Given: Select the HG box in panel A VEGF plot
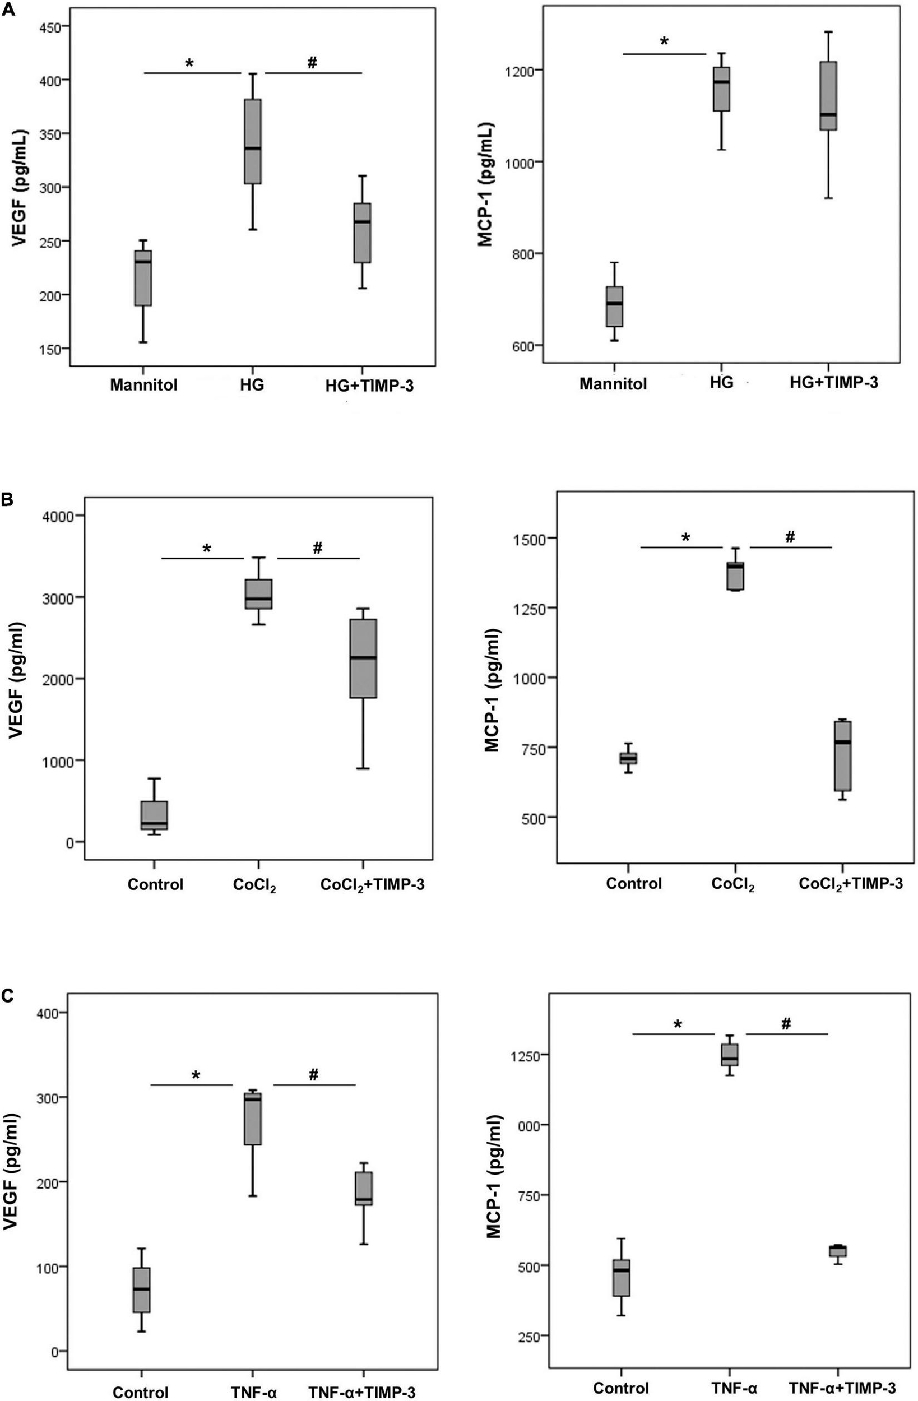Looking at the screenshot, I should tap(253, 141).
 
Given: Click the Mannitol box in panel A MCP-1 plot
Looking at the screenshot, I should tap(614, 306).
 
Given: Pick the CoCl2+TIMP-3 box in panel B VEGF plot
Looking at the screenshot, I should tap(363, 658).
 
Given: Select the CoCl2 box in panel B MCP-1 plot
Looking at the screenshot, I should tap(735, 576).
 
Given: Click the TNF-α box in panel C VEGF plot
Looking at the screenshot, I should tap(253, 1119).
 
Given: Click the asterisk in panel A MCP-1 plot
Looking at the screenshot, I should tap(664, 42).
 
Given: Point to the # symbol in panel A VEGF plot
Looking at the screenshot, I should tap(312, 62).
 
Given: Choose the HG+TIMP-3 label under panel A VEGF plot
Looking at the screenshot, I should tap(369, 386).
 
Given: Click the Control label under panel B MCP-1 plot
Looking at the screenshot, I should tap(634, 884).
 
